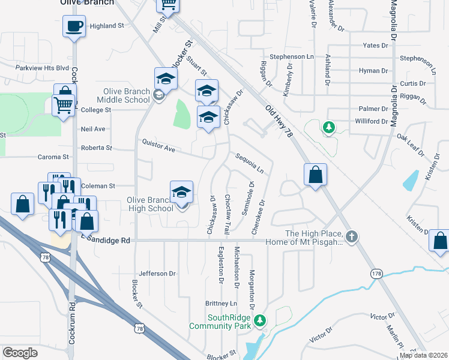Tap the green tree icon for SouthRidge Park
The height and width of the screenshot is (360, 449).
tap(260, 322)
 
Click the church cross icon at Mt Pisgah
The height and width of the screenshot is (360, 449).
tap(352, 237)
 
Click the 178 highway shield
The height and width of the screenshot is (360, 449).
tap(376, 274)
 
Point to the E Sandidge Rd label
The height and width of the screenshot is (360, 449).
tap(106, 240)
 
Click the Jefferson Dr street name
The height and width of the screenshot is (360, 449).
tap(157, 274)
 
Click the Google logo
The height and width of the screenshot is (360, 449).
tap(20, 353)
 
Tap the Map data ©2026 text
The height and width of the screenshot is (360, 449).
tap(423, 355)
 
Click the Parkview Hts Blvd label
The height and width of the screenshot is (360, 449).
tap(43, 68)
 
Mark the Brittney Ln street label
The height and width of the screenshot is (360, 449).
tap(221, 303)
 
